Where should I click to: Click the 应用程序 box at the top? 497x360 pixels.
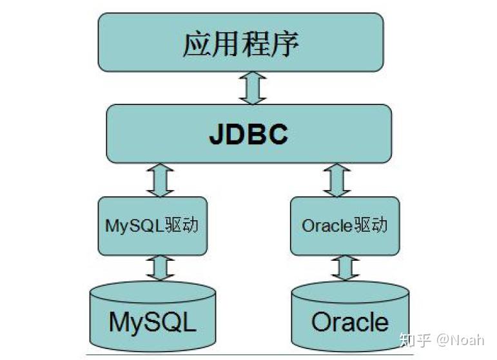click(240, 42)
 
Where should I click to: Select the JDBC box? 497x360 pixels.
click(249, 133)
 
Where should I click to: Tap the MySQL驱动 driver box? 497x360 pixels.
click(153, 226)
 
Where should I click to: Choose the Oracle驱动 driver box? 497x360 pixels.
click(345, 226)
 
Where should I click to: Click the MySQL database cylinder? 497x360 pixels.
click(153, 316)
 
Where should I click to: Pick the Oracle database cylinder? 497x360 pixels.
click(350, 316)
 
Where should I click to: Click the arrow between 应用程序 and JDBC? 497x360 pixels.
click(253, 88)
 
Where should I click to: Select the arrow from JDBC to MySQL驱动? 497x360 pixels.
click(160, 180)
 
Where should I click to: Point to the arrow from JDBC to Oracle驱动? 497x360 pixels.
click(336, 180)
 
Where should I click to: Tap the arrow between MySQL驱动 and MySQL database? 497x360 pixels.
click(160, 268)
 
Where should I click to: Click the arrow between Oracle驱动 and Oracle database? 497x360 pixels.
click(345, 268)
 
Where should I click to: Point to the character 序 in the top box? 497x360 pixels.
click(285, 44)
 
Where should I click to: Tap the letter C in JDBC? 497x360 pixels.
click(278, 135)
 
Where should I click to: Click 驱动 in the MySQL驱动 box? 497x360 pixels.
click(181, 225)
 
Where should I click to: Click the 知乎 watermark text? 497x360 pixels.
click(415, 340)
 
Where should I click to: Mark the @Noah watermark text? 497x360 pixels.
click(460, 340)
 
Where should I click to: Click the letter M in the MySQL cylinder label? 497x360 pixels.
click(119, 321)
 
